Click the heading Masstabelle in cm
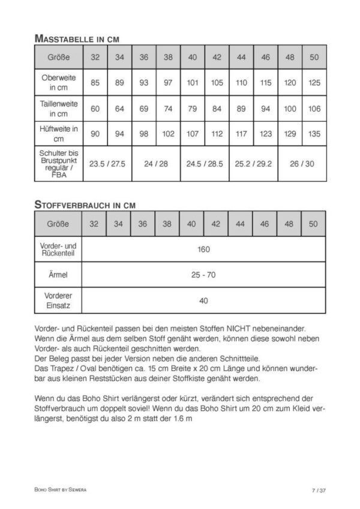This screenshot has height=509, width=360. pos(77,38)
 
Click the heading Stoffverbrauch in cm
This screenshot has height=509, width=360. pos(85,204)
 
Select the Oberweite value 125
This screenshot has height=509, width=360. pos(314,83)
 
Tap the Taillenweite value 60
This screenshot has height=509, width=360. pos(95,109)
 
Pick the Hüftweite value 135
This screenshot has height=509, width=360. pos(314,134)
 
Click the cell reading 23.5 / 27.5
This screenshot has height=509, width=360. pos(107,163)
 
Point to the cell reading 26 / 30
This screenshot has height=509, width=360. pos(302,163)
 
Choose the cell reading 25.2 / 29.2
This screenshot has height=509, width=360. pos(253,163)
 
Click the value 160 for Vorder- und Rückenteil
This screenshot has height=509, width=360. pos(203,249)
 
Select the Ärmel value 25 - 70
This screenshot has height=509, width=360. pos(203,275)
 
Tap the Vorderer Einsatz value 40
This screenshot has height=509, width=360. pos(203,300)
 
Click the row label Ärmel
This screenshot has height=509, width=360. pos(58,275)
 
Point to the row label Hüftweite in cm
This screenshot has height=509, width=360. pos(58,134)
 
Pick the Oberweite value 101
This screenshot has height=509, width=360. pos(193,83)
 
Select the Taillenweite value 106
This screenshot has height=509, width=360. pos(314,109)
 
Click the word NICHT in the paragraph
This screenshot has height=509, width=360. pos(239,329)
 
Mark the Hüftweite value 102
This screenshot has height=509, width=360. pos(168,134)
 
